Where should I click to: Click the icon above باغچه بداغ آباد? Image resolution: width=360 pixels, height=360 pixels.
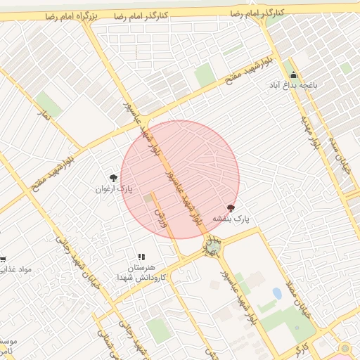293,75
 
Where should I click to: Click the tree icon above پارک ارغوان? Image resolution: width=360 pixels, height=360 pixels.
114,178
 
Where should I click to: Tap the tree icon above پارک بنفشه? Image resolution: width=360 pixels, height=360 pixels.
231,208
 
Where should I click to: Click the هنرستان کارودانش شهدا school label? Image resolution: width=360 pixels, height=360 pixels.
146,273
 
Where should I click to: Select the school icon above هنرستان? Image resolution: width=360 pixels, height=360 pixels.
141,257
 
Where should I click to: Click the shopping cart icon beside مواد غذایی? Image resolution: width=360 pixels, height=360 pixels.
3,259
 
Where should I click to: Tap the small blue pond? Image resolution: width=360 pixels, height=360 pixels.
277,294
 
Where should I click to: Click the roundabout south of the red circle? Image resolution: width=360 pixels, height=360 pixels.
212,246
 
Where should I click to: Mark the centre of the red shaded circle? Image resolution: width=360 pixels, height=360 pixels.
180,179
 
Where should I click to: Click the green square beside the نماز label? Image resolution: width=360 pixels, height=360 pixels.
49,102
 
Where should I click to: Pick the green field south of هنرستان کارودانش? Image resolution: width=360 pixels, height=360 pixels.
160,329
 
